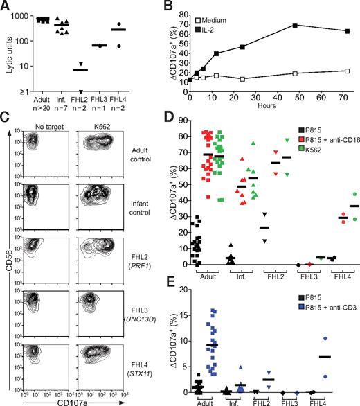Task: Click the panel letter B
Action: coord(187,6)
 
